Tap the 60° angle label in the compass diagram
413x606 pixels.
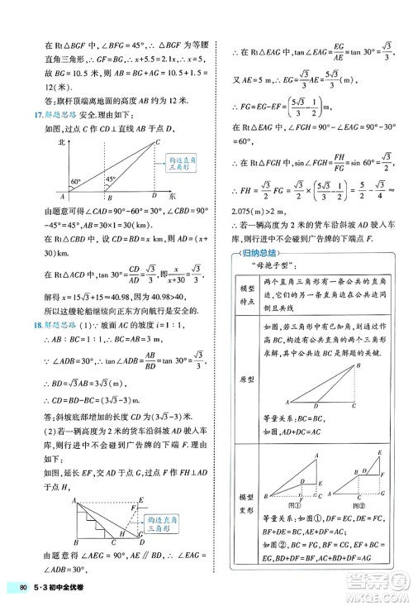coord(52,181)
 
